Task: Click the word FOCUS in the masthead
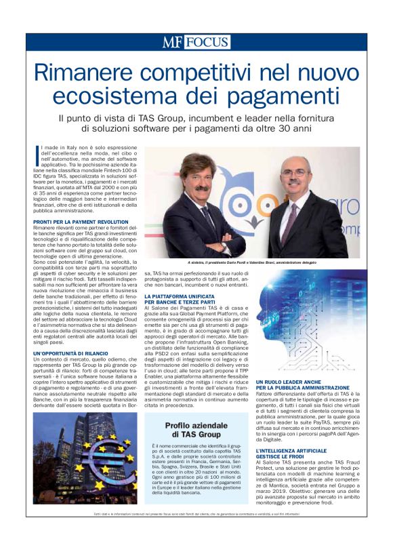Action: point(207,42)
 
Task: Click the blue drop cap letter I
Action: point(35,153)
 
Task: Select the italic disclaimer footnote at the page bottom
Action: point(196,515)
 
